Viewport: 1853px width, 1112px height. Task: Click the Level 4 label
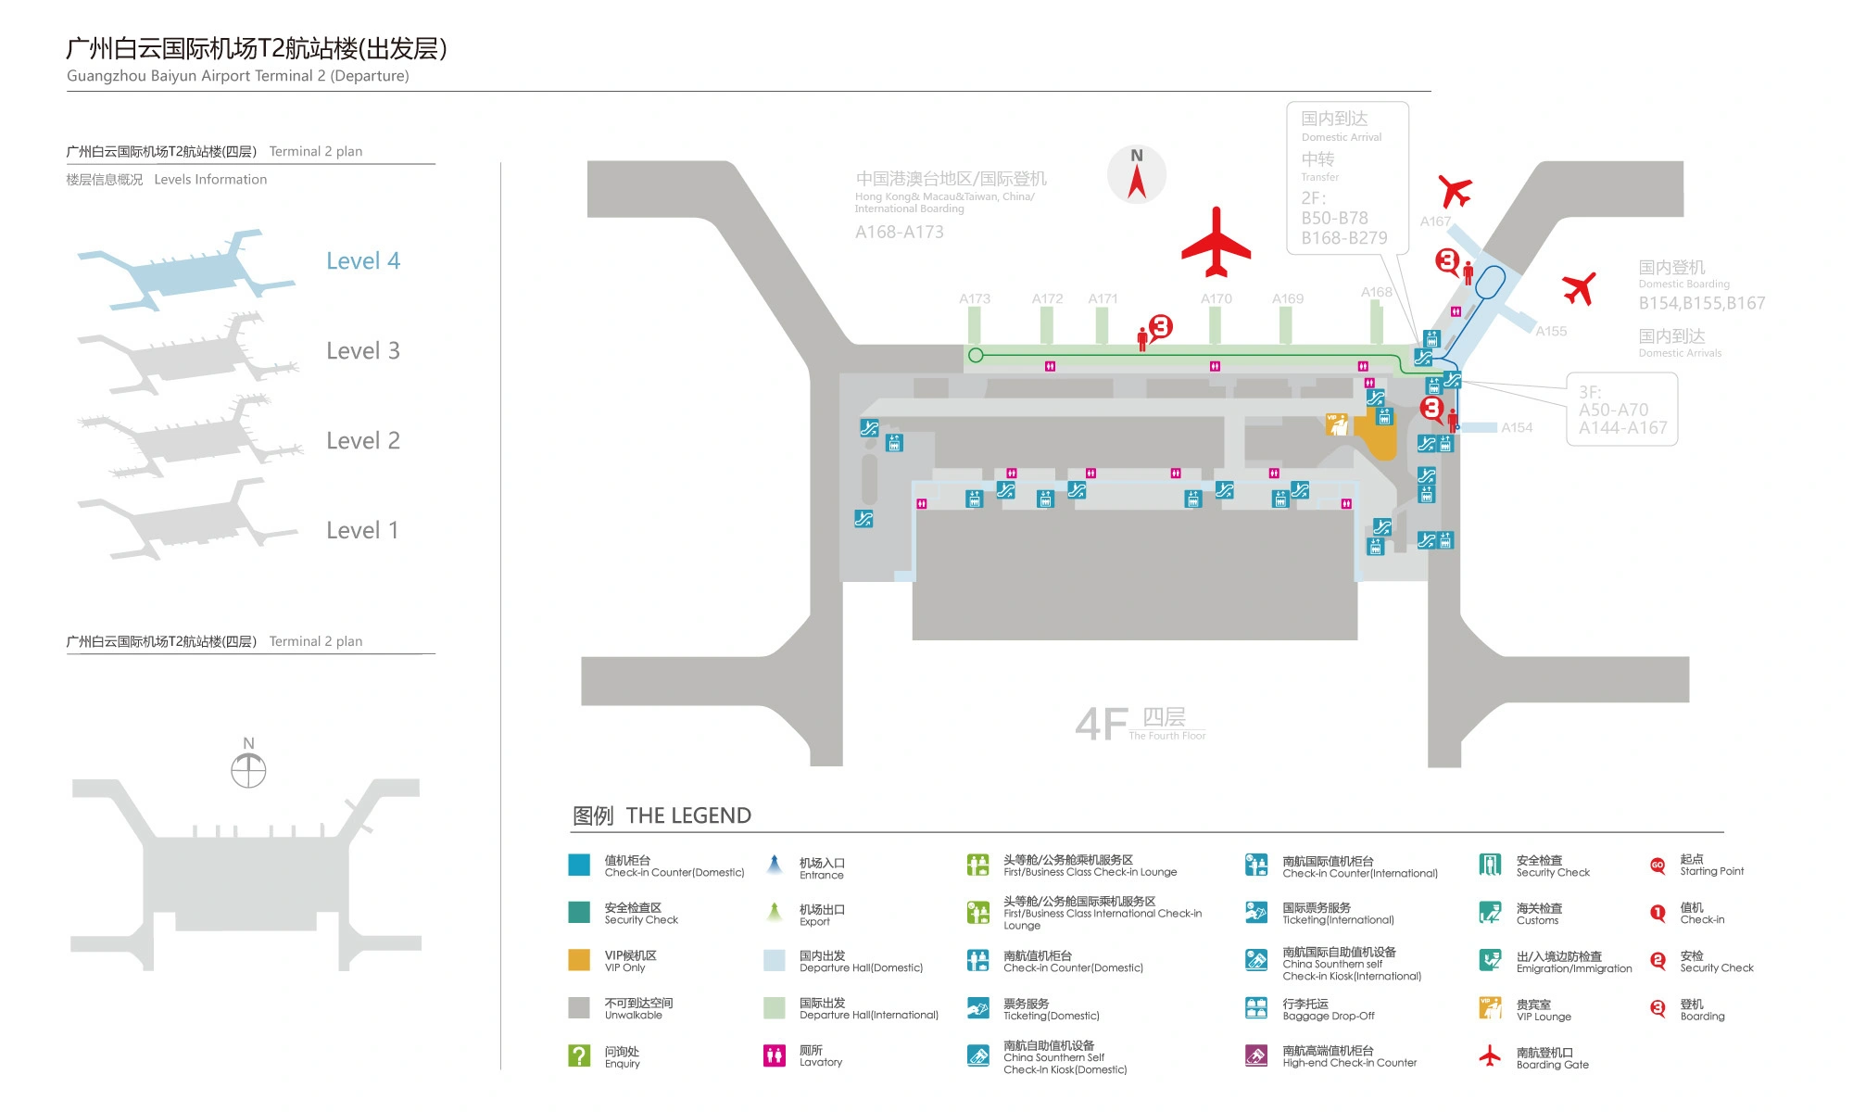tap(362, 261)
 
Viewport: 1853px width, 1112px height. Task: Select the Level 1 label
tap(362, 531)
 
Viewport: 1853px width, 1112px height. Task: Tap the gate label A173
tap(975, 298)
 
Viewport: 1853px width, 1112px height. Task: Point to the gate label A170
tap(1216, 298)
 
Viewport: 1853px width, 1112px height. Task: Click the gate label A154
tap(1517, 427)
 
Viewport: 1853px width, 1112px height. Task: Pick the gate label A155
tap(1551, 331)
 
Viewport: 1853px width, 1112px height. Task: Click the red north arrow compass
tap(1137, 174)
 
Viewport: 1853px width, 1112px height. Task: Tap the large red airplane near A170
tap(1216, 243)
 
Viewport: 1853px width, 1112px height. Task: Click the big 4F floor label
tap(1102, 724)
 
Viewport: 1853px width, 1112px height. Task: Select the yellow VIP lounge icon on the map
tap(1336, 424)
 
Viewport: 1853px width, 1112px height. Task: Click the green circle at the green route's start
tap(976, 355)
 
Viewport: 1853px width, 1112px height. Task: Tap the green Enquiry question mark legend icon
tap(579, 1055)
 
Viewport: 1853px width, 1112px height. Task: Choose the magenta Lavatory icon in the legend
tap(774, 1055)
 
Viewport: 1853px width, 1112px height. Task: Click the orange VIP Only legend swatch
tap(579, 960)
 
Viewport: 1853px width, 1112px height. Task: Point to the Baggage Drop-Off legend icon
tap(1256, 1008)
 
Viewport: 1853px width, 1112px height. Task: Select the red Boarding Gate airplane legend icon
tap(1490, 1055)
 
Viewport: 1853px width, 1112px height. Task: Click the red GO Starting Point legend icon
tap(1658, 866)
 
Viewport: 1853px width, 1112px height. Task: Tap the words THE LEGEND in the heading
tap(688, 815)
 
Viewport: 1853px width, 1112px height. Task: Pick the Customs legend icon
tap(1490, 913)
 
